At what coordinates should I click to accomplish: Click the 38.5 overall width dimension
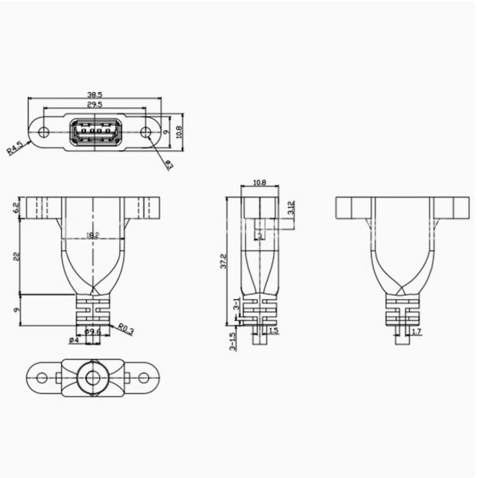pos(95,94)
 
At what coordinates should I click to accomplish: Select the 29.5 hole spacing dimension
pos(95,105)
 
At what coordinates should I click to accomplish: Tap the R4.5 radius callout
pos(15,147)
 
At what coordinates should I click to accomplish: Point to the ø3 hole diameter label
pos(168,165)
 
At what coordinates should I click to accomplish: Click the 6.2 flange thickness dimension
pos(16,207)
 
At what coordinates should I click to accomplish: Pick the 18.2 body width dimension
pos(92,235)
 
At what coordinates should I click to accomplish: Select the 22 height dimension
pos(16,256)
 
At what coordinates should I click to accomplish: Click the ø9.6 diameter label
pos(94,332)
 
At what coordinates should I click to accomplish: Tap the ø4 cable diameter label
pos(74,340)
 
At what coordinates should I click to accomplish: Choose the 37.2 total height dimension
pos(223,261)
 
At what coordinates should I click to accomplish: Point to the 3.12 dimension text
pos(291,207)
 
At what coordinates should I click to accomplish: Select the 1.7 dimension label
pos(416,332)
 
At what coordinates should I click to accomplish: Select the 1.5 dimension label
pos(274,331)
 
